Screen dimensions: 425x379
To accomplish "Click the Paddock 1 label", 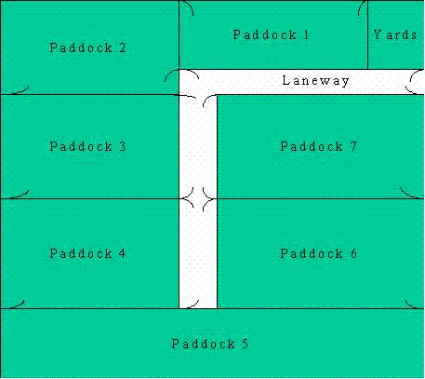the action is tap(271, 34).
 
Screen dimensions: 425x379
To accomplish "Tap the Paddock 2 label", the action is tap(87, 47).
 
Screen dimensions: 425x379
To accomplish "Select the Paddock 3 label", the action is tap(87, 146).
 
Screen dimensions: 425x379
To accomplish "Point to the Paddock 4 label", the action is tap(87, 253).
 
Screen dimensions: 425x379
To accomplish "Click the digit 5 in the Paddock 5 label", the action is tap(245, 344).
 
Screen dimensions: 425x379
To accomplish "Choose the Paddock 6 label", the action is tap(319, 253).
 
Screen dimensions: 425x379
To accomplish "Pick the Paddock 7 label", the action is tap(319, 146).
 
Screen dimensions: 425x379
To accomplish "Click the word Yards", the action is tap(394, 34).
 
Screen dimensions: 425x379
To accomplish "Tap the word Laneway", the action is tap(315, 81).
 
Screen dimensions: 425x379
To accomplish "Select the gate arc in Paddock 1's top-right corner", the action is tap(360, 7).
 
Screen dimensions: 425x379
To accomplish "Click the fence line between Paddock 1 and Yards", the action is tap(367, 34).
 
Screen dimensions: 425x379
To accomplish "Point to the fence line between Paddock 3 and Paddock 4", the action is tap(90, 198).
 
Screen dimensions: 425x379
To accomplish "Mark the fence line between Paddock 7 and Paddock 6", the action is tap(321, 198).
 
